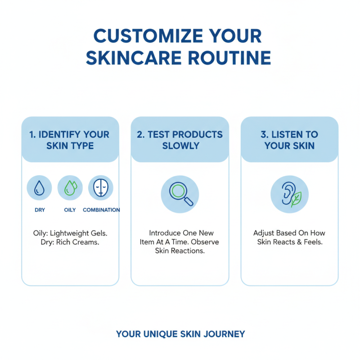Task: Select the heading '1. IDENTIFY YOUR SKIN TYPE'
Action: pyautogui.click(x=70, y=140)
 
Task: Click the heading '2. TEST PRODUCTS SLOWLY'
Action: pyautogui.click(x=180, y=140)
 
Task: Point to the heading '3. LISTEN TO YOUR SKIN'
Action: pyautogui.click(x=289, y=140)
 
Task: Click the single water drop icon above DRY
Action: pyautogui.click(x=40, y=188)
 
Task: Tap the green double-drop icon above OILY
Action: pyautogui.click(x=70, y=188)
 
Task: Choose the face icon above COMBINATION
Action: pyautogui.click(x=100, y=188)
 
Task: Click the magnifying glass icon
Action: pyautogui.click(x=180, y=194)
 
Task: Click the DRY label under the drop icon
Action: pyautogui.click(x=40, y=210)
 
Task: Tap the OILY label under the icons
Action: pyautogui.click(x=70, y=210)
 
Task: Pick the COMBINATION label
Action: pyautogui.click(x=101, y=210)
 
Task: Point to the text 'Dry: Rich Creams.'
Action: pyautogui.click(x=70, y=242)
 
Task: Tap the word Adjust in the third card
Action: pyautogui.click(x=263, y=233)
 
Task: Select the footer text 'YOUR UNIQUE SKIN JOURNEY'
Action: pyautogui.click(x=180, y=334)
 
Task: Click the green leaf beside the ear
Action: pyautogui.click(x=296, y=199)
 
